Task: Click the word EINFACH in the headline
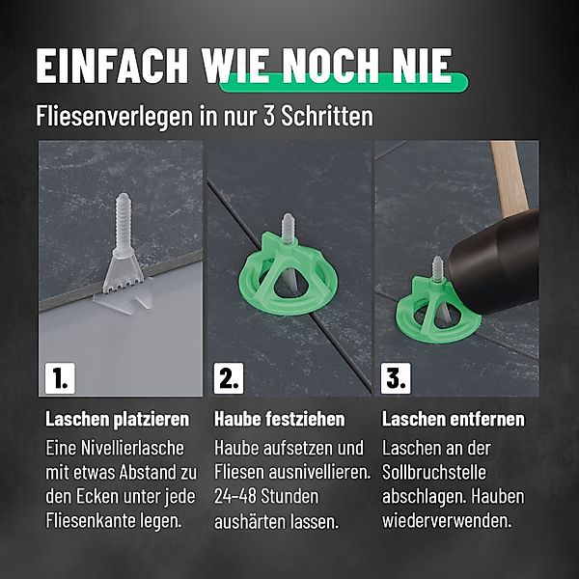(x=112, y=66)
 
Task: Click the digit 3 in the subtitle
(x=269, y=116)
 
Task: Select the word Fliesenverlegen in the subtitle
(x=115, y=117)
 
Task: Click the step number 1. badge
(x=60, y=378)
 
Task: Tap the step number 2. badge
(x=229, y=378)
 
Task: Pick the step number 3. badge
(x=396, y=378)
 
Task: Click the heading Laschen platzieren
(x=117, y=420)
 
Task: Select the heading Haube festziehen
(x=280, y=419)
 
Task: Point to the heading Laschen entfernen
(x=454, y=419)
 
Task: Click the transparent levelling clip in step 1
(x=124, y=255)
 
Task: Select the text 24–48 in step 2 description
(x=235, y=497)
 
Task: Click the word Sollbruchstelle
(x=434, y=472)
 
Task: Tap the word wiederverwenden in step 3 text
(x=447, y=521)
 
